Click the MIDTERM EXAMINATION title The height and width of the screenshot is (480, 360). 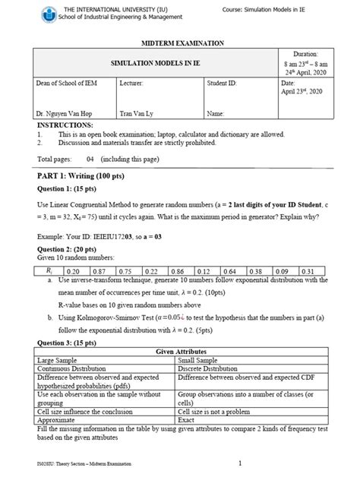pyautogui.click(x=180, y=46)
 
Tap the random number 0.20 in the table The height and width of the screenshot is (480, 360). pyautogui.click(x=74, y=272)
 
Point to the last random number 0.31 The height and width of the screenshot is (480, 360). pyautogui.click(x=308, y=272)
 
